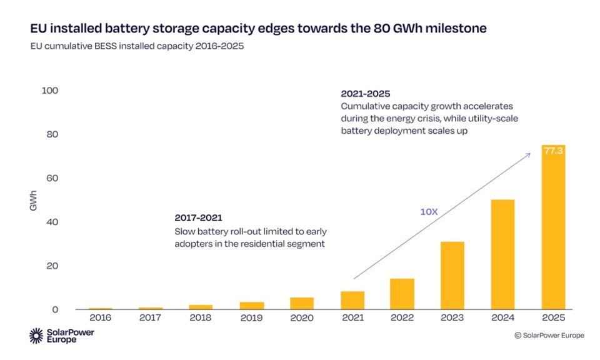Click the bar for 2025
point(553,227)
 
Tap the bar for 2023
point(452,275)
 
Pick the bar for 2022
point(402,294)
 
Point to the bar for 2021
point(352,300)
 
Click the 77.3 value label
point(553,151)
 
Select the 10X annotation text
point(428,212)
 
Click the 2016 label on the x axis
point(100,317)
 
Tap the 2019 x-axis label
point(251,317)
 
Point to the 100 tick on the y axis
point(50,91)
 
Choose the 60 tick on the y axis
point(52,178)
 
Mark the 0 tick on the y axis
point(55,309)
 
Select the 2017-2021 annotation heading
point(198,217)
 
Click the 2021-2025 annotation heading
point(365,94)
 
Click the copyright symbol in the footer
point(517,336)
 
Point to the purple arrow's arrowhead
point(529,154)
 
